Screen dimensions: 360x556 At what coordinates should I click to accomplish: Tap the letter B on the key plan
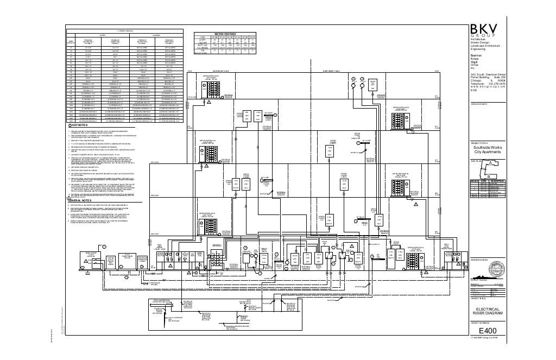[x=488, y=176]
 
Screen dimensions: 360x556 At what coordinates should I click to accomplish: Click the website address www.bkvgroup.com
[x=487, y=87]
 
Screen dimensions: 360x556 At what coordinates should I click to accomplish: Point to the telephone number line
[x=488, y=83]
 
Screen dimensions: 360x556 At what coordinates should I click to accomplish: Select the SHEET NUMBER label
[x=481, y=322]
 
